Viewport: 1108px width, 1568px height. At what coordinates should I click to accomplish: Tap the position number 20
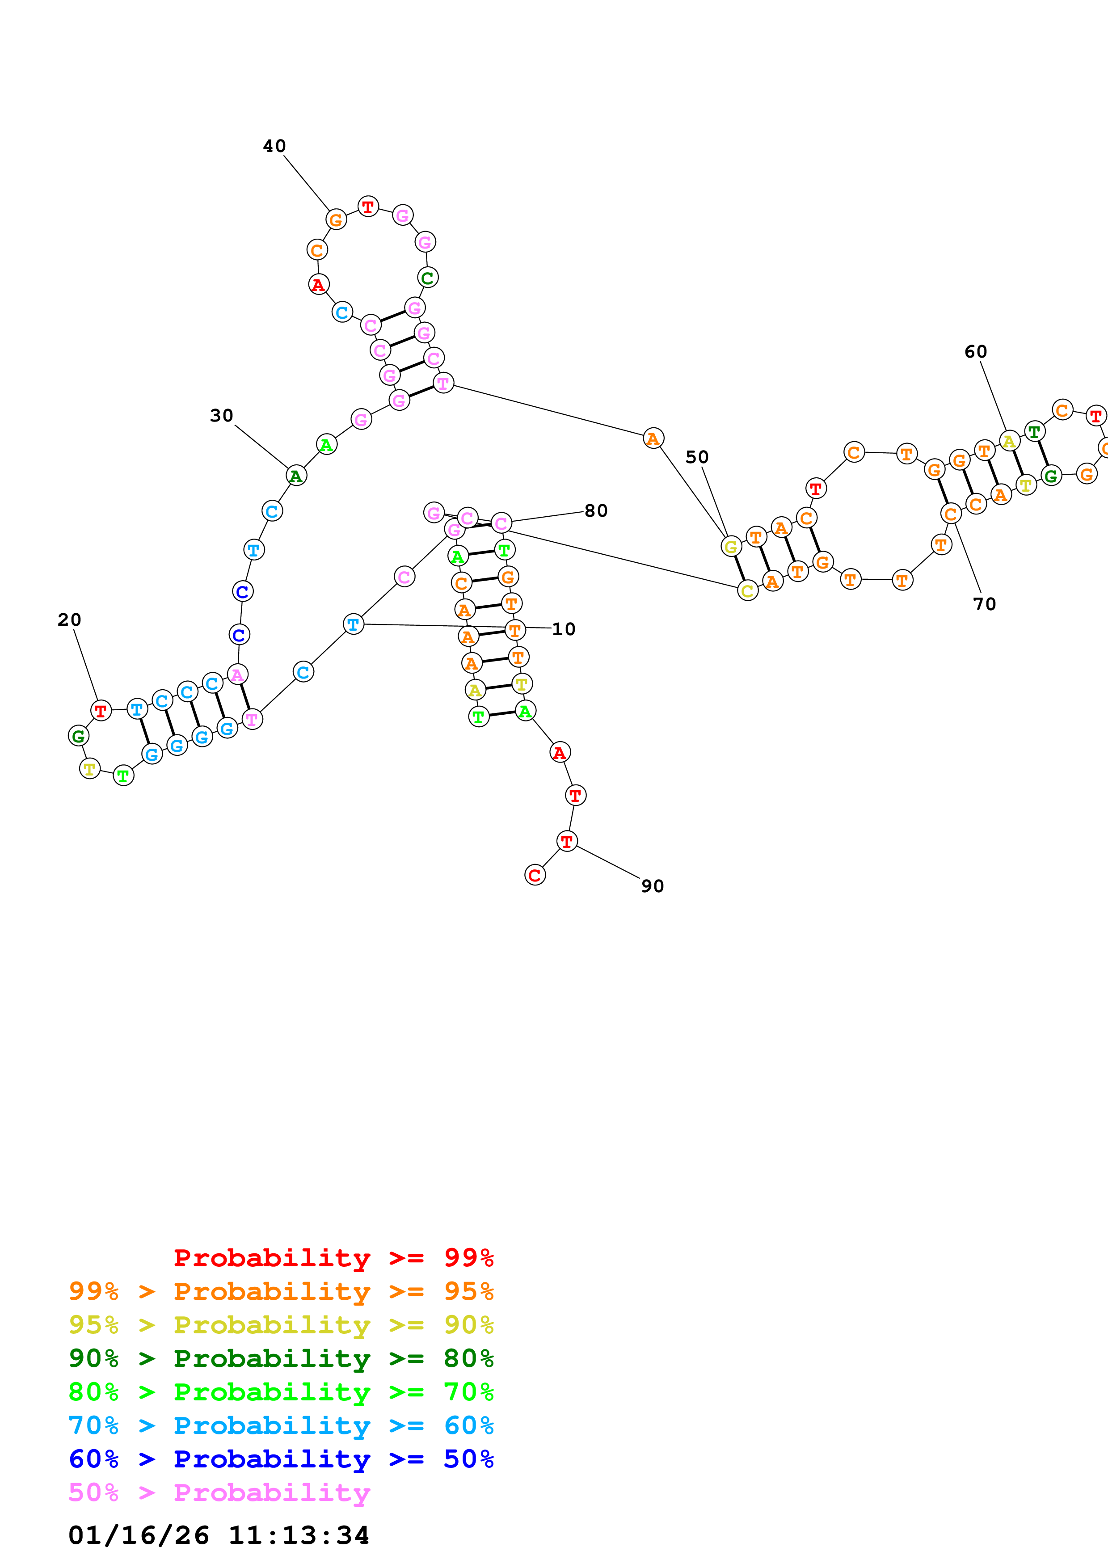(x=69, y=620)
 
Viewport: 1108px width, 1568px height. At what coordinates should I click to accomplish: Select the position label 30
(x=221, y=415)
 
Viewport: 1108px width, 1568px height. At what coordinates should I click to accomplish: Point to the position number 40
(x=274, y=146)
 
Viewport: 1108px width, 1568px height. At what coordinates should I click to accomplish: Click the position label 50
(x=697, y=457)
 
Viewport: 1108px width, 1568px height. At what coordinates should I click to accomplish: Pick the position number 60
(x=976, y=352)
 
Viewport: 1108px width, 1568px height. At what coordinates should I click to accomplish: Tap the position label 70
(x=985, y=604)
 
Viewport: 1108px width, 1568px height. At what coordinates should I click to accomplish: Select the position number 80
(x=596, y=511)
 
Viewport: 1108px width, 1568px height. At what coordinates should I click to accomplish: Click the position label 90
(x=653, y=886)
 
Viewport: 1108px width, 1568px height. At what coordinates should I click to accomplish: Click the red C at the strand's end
(x=535, y=875)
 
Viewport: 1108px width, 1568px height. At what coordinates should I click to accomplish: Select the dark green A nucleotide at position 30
(x=295, y=476)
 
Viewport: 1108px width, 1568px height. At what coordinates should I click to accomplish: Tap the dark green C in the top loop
(x=427, y=278)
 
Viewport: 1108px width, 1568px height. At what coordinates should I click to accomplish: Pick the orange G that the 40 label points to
(x=335, y=220)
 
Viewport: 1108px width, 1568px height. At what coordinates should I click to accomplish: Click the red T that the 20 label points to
(x=101, y=711)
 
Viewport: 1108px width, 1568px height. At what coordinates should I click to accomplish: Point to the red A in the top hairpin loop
(x=319, y=285)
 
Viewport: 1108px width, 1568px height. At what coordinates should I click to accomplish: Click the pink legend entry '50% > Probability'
(x=219, y=1493)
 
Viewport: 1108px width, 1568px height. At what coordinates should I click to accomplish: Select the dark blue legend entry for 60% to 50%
(x=281, y=1459)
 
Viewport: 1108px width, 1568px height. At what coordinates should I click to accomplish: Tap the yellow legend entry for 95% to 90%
(x=281, y=1325)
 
